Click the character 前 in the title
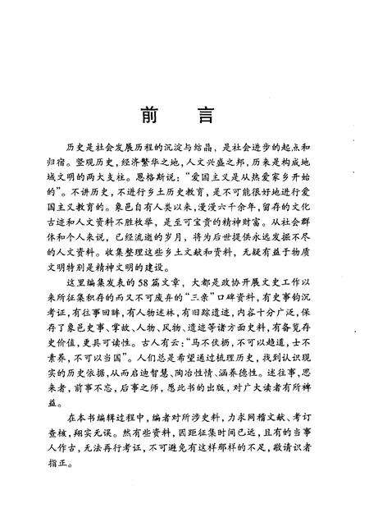(151, 115)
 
